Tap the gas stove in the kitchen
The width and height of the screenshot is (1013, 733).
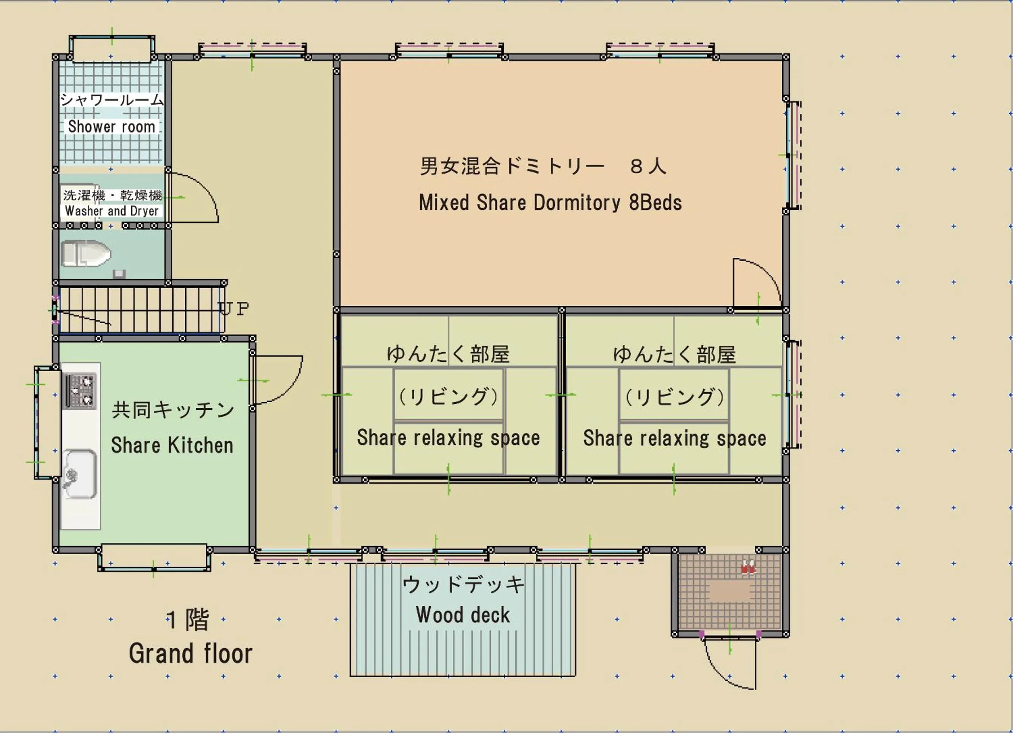[x=81, y=390]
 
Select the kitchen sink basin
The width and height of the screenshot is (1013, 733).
[x=79, y=474]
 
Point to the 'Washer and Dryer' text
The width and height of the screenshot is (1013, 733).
[x=112, y=211]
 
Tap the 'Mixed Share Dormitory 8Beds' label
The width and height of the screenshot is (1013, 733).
[x=550, y=203]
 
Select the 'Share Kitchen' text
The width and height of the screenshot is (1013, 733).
[x=172, y=445]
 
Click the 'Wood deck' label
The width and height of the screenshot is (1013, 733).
[x=463, y=615]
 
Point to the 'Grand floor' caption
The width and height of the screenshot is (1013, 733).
[x=191, y=654]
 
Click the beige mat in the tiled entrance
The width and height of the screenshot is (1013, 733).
[x=730, y=591]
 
